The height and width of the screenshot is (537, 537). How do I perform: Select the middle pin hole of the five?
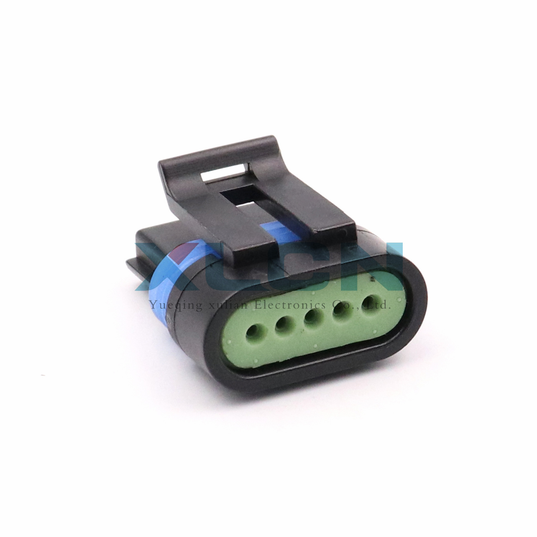point(313,317)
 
